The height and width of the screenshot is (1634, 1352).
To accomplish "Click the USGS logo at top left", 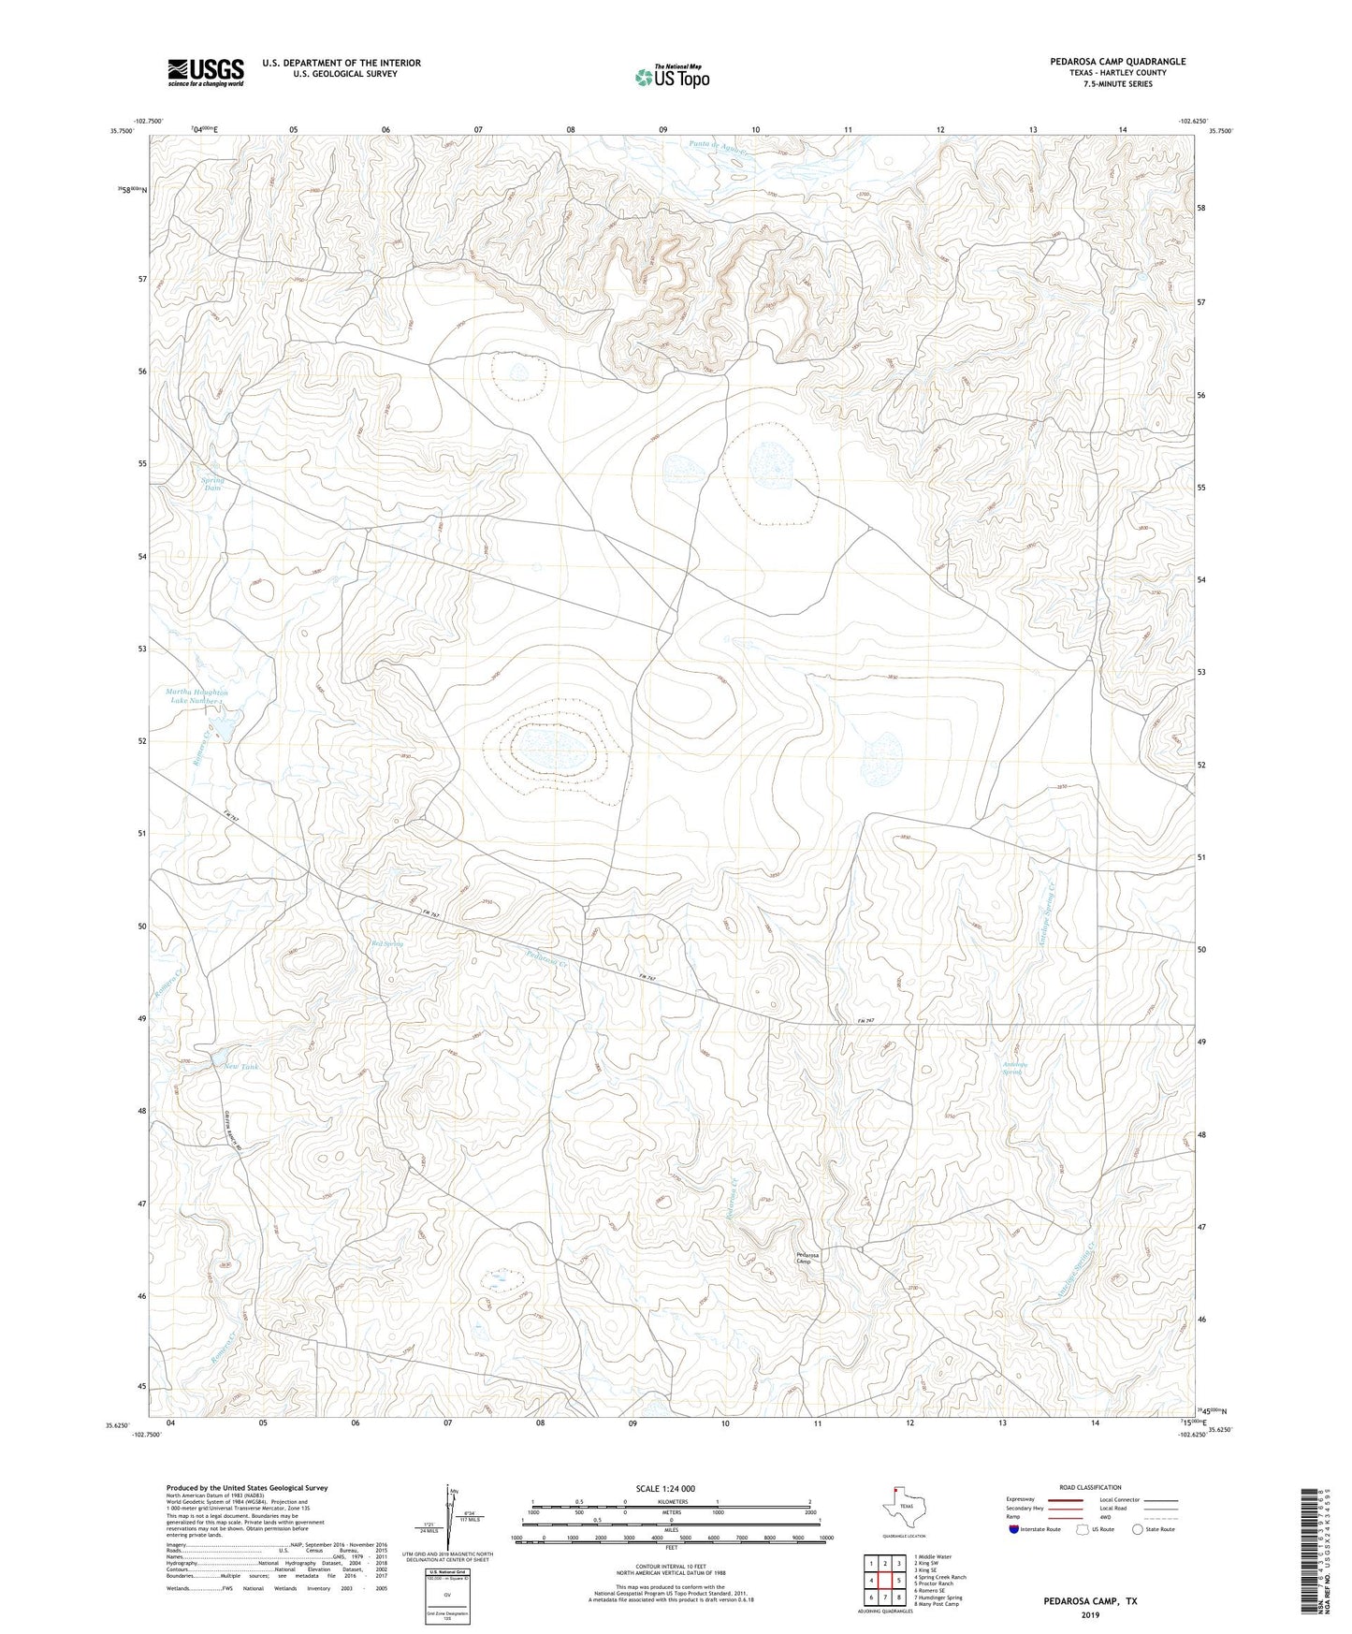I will coord(206,71).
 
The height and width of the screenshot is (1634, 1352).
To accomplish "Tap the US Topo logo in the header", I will coord(672,77).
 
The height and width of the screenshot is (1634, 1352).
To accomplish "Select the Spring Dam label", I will coord(213,483).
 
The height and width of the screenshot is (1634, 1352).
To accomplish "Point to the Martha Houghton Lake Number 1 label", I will coord(196,696).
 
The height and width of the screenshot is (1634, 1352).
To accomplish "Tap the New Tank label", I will coord(240,1066).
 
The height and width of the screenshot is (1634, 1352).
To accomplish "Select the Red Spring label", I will coord(386,943).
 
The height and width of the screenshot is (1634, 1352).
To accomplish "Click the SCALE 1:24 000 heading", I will coord(665,1488).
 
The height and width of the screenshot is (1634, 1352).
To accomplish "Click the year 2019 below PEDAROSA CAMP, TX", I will coord(1090,1614).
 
